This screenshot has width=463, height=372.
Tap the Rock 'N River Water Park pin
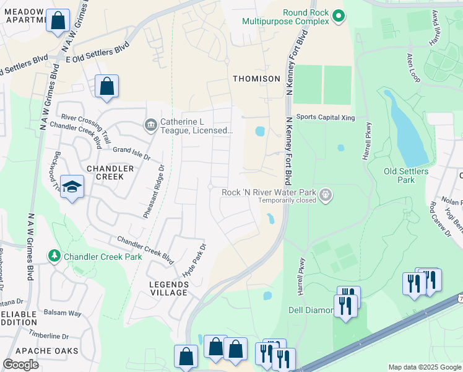click(326, 196)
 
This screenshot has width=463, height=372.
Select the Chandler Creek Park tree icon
click(55, 256)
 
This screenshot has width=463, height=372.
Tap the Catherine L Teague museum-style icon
click(150, 126)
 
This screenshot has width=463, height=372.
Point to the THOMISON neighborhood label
click(256, 79)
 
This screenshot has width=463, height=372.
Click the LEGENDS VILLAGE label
click(169, 288)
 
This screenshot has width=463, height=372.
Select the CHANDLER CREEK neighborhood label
click(110, 172)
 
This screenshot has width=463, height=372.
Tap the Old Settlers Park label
click(405, 175)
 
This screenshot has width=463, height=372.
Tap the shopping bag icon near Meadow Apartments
click(58, 20)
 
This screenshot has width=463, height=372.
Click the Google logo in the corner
click(20, 364)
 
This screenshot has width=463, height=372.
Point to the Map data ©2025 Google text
click(423, 367)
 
